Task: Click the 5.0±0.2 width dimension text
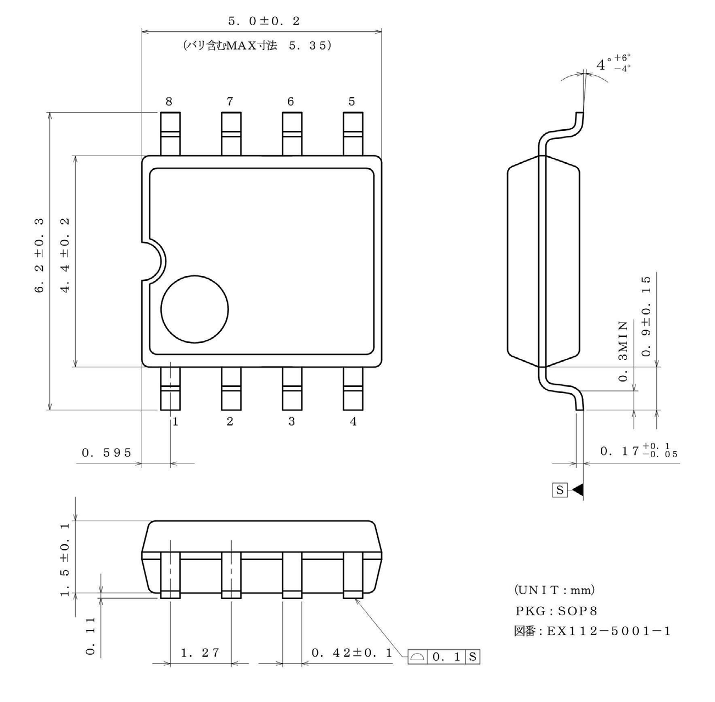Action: pyautogui.click(x=264, y=21)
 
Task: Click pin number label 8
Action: pyautogui.click(x=169, y=101)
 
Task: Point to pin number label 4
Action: pyautogui.click(x=353, y=422)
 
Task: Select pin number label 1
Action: pyautogui.click(x=175, y=422)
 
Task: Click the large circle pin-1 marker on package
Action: pyautogui.click(x=194, y=308)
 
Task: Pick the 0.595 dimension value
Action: pyautogui.click(x=107, y=452)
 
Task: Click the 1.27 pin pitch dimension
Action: pyautogui.click(x=200, y=653)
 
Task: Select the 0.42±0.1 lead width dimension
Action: pyautogui.click(x=352, y=653)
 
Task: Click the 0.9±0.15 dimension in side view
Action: pyautogui.click(x=646, y=316)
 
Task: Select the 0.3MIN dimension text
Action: pyautogui.click(x=623, y=352)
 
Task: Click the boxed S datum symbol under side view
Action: pyautogui.click(x=560, y=489)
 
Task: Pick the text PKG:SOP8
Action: pyautogui.click(x=556, y=610)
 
